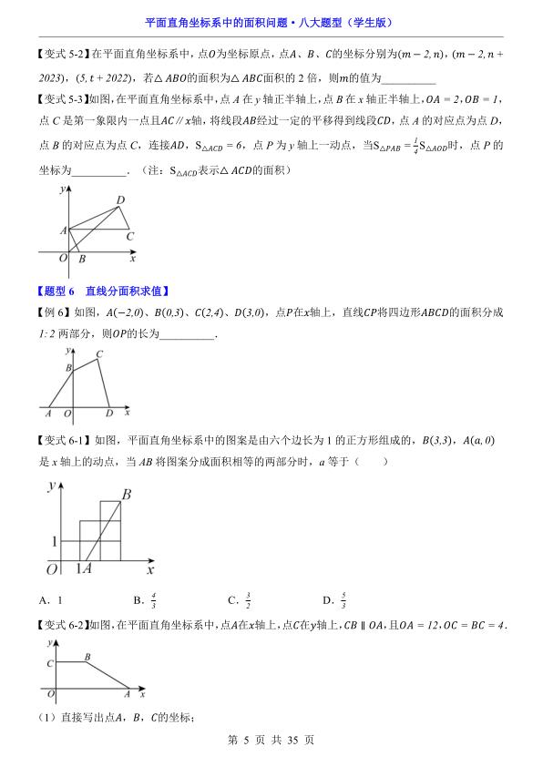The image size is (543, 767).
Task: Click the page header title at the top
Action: [x=271, y=23]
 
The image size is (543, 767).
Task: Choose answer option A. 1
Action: [x=52, y=600]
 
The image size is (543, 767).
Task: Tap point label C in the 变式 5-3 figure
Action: [x=129, y=237]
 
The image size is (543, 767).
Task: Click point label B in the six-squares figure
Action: [x=127, y=495]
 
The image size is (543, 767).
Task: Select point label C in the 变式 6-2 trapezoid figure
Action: [x=49, y=663]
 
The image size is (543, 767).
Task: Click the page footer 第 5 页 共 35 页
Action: [x=271, y=741]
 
